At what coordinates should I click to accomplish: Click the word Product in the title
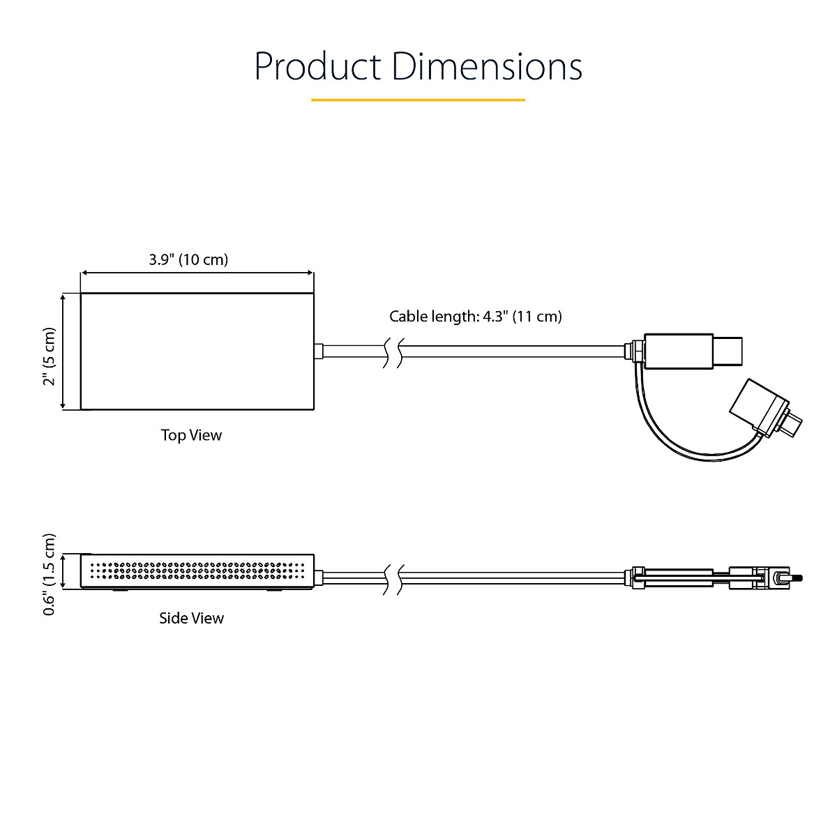point(317,66)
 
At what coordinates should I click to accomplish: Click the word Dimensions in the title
point(487,66)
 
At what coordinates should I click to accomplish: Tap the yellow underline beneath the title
point(418,100)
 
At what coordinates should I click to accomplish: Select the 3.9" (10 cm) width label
point(188,259)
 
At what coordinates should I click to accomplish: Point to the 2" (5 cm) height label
point(49,356)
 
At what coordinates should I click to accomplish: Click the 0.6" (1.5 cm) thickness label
point(49,574)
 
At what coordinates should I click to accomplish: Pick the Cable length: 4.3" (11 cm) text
point(475,316)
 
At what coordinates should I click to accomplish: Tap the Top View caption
point(191,435)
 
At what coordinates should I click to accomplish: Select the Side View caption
point(191,618)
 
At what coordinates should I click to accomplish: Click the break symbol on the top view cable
point(393,353)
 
